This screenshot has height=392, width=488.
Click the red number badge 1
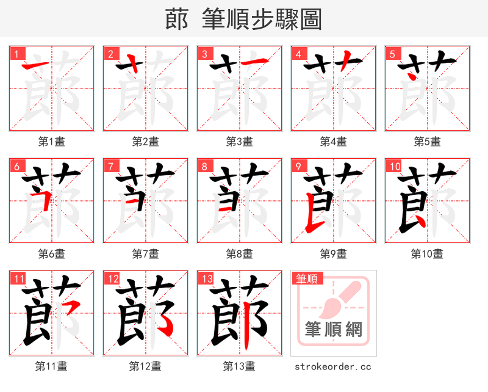pos(16,53)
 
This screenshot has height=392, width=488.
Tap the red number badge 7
pos(110,165)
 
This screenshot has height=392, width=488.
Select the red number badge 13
pos(206,278)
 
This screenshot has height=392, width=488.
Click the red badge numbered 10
pos(394,165)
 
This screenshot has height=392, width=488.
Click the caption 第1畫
pos(51,142)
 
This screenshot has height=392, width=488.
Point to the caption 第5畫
pos(427,142)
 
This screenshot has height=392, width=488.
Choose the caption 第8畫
pos(239,253)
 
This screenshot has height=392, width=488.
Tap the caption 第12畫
pos(145,366)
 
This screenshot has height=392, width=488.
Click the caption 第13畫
pos(239,366)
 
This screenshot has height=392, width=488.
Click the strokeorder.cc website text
pos(333,367)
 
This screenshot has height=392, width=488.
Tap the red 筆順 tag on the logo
pos(306,278)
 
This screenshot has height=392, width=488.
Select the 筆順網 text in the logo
pos(333,330)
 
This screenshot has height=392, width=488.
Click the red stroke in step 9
pos(313,220)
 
